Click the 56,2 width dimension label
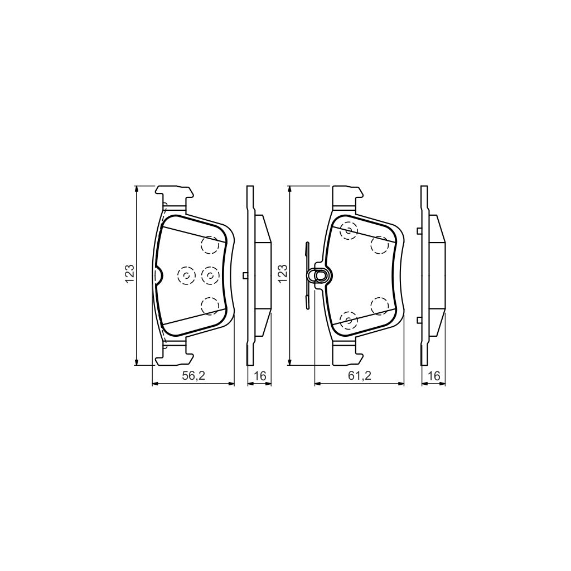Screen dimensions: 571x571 194,376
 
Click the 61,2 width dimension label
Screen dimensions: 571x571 360,376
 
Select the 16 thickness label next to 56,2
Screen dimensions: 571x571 259,376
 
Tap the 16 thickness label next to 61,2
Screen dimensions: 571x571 433,376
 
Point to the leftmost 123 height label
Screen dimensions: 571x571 129,274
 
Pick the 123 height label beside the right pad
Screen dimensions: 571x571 283,274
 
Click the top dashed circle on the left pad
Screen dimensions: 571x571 210,244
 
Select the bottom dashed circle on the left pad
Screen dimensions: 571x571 210,305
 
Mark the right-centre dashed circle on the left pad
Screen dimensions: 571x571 210,274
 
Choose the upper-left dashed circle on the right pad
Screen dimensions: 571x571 349,230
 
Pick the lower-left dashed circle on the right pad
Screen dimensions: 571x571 349,320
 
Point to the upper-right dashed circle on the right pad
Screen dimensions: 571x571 380,244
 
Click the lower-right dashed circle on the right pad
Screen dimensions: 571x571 380,305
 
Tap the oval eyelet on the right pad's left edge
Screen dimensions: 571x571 321,275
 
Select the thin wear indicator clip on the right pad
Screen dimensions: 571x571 307,275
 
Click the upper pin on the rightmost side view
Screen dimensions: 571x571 419,230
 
